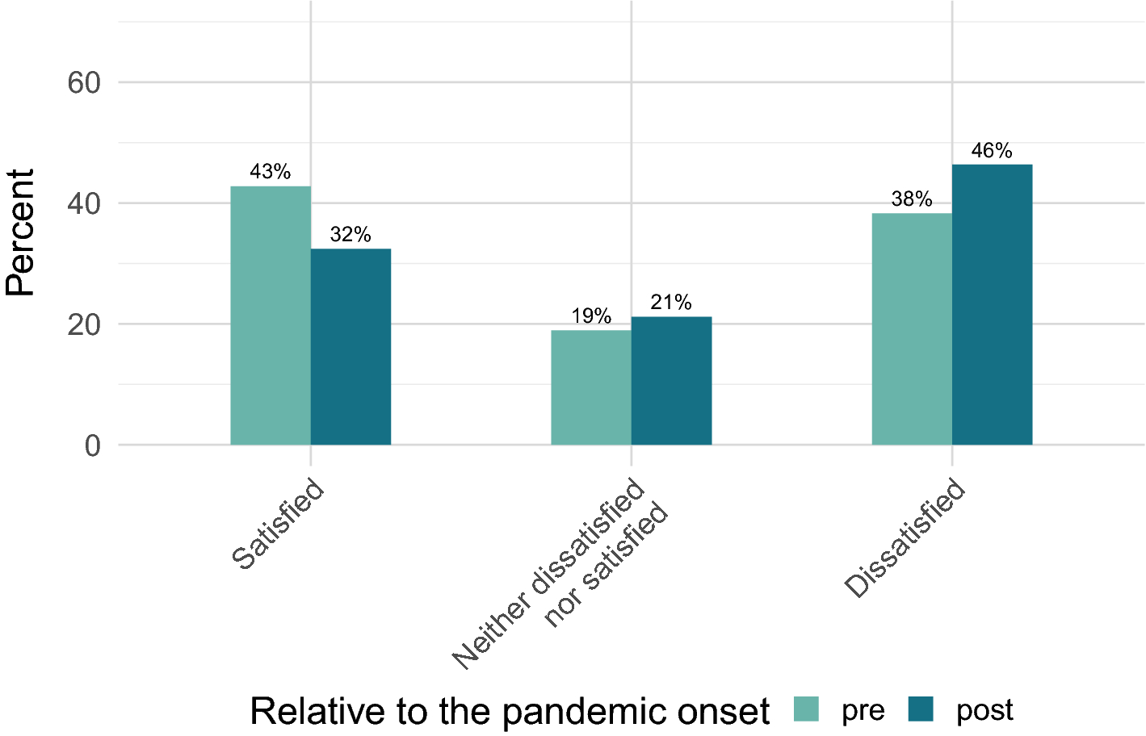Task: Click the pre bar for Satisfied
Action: [x=271, y=316]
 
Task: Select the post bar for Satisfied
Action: [x=351, y=347]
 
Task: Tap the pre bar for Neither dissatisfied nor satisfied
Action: [x=591, y=387]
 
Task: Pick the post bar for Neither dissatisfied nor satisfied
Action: [x=671, y=381]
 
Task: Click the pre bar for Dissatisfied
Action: [x=912, y=329]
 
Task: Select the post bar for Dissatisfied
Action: [x=992, y=305]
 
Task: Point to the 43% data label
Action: [x=271, y=172]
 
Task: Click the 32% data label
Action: [x=351, y=235]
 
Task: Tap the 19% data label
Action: [x=591, y=316]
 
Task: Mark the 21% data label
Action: [x=671, y=303]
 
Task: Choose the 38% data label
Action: [x=912, y=199]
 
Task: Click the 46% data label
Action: [x=992, y=151]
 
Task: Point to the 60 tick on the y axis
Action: [x=84, y=82]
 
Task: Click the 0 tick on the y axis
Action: [x=92, y=445]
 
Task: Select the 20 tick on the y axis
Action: [x=84, y=324]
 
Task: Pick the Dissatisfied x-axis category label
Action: [x=905, y=538]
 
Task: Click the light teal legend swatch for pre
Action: [x=807, y=709]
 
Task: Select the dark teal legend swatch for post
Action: [x=921, y=709]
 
